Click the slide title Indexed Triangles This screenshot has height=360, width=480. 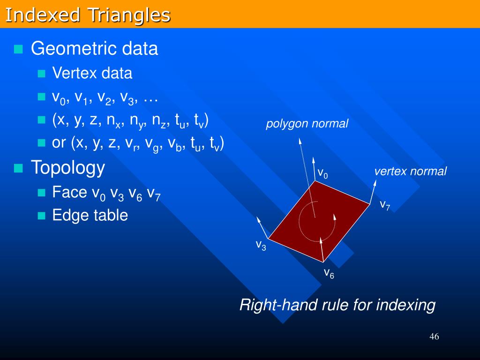coord(88,15)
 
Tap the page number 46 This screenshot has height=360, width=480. coord(434,337)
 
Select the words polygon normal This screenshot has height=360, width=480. coord(307,124)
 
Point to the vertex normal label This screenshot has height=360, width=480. coord(411,171)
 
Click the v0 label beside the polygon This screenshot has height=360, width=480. coord(322,173)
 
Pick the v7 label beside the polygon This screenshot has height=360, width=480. coord(385,205)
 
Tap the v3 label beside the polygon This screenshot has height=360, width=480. coord(261,245)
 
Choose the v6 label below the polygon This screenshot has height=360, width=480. coord(329,273)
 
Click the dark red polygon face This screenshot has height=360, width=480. coord(319,221)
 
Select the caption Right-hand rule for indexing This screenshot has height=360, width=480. coord(337,305)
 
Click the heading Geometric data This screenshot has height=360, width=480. coord(94,48)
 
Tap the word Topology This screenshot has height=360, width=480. coord(68,168)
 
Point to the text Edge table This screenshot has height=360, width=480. coord(90,215)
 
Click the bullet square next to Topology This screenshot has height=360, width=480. coord(18,168)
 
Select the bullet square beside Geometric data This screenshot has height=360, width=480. coord(18,49)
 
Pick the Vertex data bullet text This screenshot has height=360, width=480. coord(92,73)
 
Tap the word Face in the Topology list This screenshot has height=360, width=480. coord(69,192)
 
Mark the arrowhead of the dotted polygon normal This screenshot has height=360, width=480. coord(300,141)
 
